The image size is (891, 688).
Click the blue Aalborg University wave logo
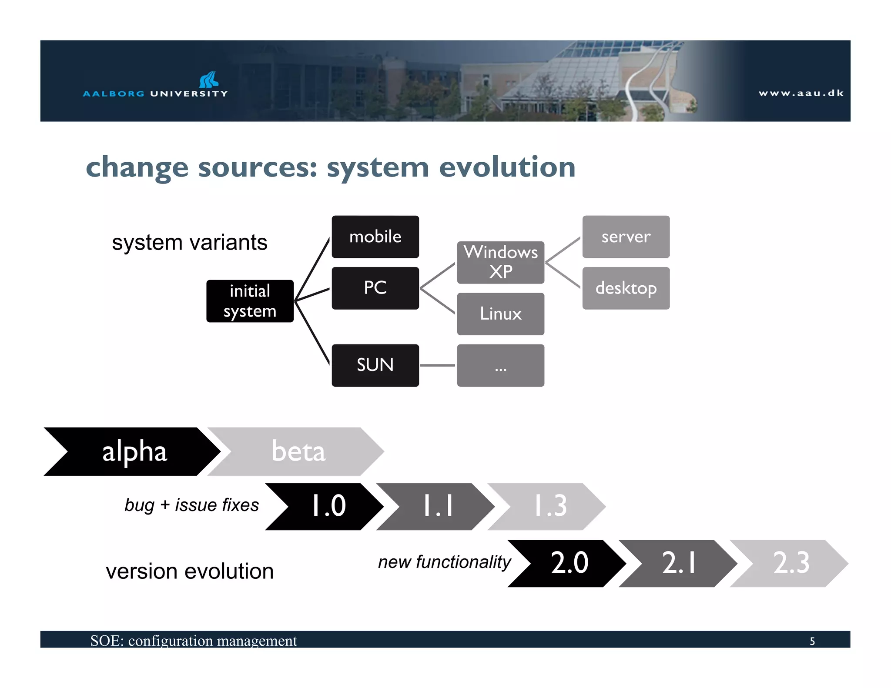pos(209,80)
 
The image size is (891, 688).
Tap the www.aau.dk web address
pos(801,93)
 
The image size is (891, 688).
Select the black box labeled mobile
pos(375,237)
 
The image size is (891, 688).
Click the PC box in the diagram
pos(375,288)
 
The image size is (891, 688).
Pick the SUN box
pos(375,365)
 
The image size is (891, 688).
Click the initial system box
pos(250,301)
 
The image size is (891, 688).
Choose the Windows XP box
pos(500,262)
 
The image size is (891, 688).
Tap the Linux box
pos(500,314)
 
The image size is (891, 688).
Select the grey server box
pos(626,237)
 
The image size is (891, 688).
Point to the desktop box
pos(626,288)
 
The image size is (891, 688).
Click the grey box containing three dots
pos(500,365)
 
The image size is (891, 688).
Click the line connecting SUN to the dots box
pos(438,365)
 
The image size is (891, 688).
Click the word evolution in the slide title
pos(507,167)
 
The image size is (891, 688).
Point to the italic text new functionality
pos(444,562)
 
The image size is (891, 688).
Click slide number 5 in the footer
pos(812,641)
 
